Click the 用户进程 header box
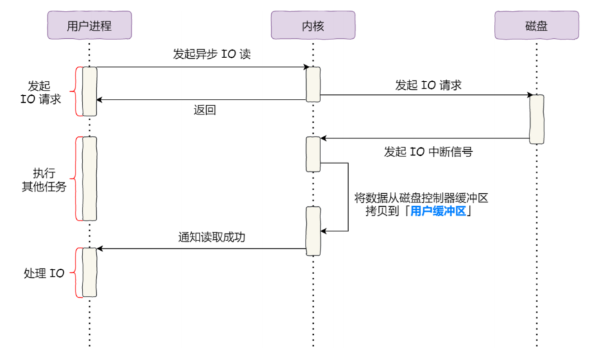coord(90,26)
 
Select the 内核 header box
coord(313,26)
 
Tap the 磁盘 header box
coord(537,26)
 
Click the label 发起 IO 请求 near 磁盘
coord(428,85)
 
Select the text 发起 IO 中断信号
coord(428,152)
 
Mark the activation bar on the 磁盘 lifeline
coord(537,119)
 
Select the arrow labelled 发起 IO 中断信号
coord(426,138)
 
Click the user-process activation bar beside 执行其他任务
coord(90,178)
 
